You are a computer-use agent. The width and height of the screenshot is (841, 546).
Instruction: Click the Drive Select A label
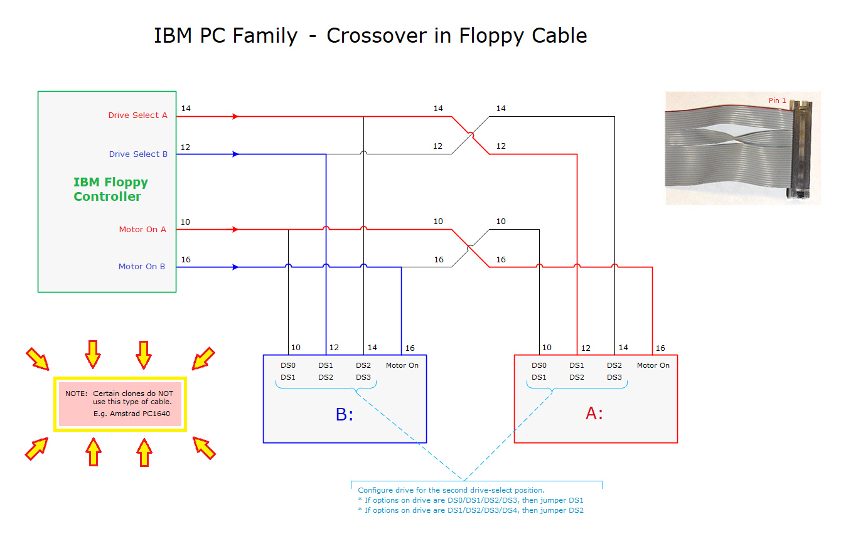(137, 115)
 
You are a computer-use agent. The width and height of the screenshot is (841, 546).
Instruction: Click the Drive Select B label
(138, 154)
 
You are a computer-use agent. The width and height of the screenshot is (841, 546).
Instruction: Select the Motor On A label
(142, 230)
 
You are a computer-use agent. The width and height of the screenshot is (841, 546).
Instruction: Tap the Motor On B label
(142, 267)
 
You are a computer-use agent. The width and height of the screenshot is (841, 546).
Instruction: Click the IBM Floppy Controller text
(110, 190)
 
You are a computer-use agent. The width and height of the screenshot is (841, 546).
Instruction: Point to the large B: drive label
(345, 414)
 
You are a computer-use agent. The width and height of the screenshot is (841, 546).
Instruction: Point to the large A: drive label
(594, 414)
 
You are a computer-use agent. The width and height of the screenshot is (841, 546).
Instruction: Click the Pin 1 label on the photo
(777, 100)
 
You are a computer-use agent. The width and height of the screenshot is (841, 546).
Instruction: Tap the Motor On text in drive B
(402, 365)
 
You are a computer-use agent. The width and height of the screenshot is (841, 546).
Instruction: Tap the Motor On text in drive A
(653, 365)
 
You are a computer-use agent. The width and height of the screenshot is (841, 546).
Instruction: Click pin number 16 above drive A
(660, 348)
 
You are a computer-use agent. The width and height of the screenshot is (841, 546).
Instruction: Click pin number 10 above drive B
(296, 348)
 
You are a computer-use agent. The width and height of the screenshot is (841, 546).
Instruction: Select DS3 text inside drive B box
(363, 377)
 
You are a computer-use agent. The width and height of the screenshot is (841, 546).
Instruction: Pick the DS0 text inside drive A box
(538, 365)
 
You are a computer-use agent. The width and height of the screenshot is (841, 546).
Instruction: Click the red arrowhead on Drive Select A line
(235, 116)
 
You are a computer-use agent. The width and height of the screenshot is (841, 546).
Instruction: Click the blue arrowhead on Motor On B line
(235, 267)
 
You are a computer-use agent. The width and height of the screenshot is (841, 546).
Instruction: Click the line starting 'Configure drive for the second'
(451, 490)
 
